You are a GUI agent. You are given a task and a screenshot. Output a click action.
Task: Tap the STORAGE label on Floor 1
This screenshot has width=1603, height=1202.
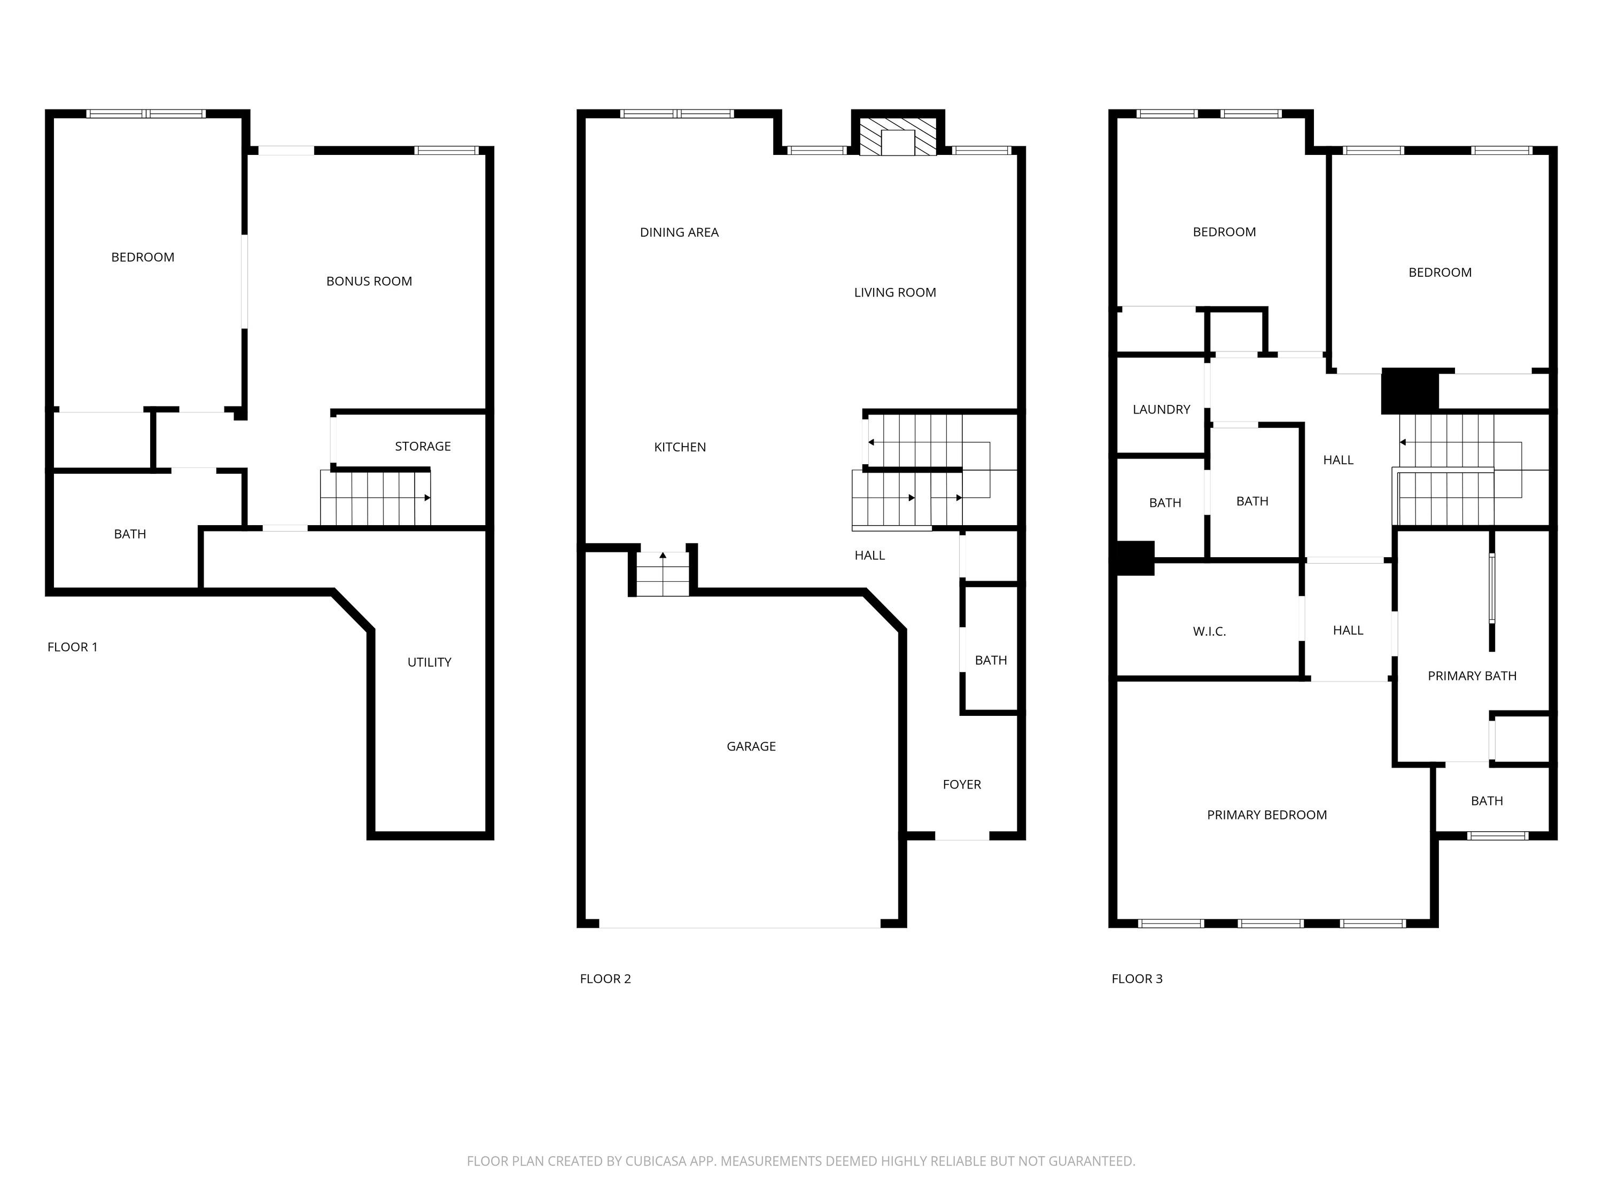[x=423, y=446]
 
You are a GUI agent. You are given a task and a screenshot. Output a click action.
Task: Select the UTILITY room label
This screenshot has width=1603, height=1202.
[x=429, y=662]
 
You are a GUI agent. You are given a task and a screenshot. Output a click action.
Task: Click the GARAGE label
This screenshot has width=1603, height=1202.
[x=751, y=746]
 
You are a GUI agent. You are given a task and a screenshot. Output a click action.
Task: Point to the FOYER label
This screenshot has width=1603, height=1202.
[x=962, y=785]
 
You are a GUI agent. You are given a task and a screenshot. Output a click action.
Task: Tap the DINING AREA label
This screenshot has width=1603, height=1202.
[x=679, y=232]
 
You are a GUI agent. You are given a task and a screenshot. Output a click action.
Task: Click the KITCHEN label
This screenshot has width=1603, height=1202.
[x=680, y=447]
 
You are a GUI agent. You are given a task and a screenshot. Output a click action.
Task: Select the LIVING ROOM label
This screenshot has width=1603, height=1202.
[x=895, y=293]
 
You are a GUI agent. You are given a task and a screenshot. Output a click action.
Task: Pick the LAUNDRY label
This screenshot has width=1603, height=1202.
[x=1161, y=409]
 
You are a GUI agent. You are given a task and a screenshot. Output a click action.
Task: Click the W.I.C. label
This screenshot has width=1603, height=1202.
[x=1210, y=632]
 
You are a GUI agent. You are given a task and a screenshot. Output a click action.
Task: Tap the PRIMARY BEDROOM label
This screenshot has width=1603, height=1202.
[x=1267, y=815]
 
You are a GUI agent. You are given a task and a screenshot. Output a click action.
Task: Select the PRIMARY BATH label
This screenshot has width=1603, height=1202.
[x=1472, y=676]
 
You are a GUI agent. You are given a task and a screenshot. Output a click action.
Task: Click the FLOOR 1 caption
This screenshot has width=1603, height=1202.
[x=73, y=647]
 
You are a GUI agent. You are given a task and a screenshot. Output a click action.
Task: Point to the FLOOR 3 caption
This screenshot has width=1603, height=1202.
[x=1137, y=979]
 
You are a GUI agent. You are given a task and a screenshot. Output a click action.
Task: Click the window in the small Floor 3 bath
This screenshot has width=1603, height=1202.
[x=1498, y=836]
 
